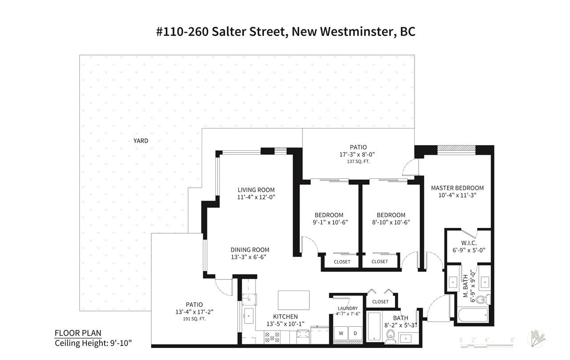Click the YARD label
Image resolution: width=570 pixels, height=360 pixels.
141,141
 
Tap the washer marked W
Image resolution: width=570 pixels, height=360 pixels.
341,333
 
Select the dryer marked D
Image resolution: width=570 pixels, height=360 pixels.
355,333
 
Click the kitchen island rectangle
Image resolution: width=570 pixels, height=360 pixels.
293,300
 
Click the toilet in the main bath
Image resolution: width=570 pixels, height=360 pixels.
391,336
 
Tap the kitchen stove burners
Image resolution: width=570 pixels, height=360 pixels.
272,337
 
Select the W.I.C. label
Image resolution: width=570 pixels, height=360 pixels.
469,243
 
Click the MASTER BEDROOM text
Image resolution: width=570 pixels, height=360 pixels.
457,188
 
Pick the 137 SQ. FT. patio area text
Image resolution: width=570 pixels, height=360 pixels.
358,162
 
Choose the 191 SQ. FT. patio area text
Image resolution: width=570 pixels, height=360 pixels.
194,319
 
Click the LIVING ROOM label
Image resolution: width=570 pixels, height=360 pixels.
256,190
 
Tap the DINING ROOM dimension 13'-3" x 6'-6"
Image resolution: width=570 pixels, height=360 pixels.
248,257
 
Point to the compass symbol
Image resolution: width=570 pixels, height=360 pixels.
536,339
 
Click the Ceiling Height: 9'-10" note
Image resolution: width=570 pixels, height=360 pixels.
94,343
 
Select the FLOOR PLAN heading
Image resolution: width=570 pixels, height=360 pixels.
78,333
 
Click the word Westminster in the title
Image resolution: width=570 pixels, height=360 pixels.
356,32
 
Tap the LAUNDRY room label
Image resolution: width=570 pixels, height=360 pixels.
348,308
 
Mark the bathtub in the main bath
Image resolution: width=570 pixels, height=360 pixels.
374,327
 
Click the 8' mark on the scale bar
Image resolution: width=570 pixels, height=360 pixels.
513,340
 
